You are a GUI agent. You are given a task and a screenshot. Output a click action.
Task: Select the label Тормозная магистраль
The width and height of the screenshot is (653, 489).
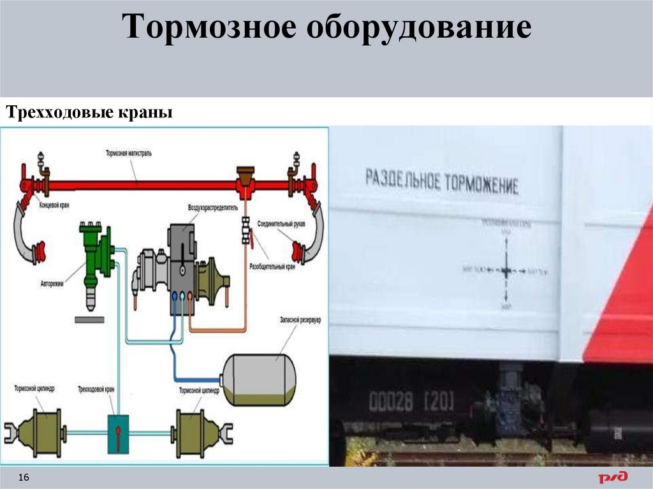pos(129,154)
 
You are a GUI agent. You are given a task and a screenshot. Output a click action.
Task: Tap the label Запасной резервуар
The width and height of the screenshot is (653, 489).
pos(299,319)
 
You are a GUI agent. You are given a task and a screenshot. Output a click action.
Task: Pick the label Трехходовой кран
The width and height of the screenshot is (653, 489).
pos(97,389)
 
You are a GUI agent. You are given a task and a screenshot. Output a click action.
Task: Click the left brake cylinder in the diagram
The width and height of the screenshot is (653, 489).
pos(38,432)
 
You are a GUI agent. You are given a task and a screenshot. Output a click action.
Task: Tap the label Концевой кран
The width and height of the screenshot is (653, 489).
pos(54,206)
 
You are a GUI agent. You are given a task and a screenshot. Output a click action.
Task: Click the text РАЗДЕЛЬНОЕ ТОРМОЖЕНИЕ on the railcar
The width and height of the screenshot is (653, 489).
pos(441,181)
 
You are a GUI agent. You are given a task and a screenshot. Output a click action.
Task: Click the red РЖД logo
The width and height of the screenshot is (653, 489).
pos(612,476)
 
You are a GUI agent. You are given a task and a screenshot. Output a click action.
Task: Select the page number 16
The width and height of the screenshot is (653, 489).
pos(25,478)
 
